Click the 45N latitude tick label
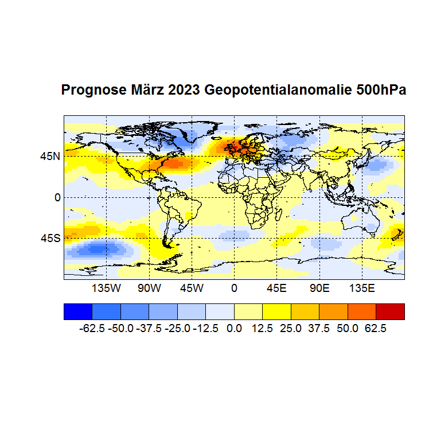pyautogui.click(x=50, y=156)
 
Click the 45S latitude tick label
pyautogui.click(x=50, y=238)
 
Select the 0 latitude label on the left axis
pyautogui.click(x=57, y=197)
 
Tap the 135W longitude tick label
pyautogui.click(x=106, y=287)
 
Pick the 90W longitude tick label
pyautogui.click(x=149, y=287)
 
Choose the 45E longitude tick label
pyautogui.click(x=276, y=287)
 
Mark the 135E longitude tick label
pyautogui.click(x=362, y=287)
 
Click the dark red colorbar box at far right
pyautogui.click(x=390, y=311)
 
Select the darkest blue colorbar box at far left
pyautogui.click(x=77, y=311)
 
